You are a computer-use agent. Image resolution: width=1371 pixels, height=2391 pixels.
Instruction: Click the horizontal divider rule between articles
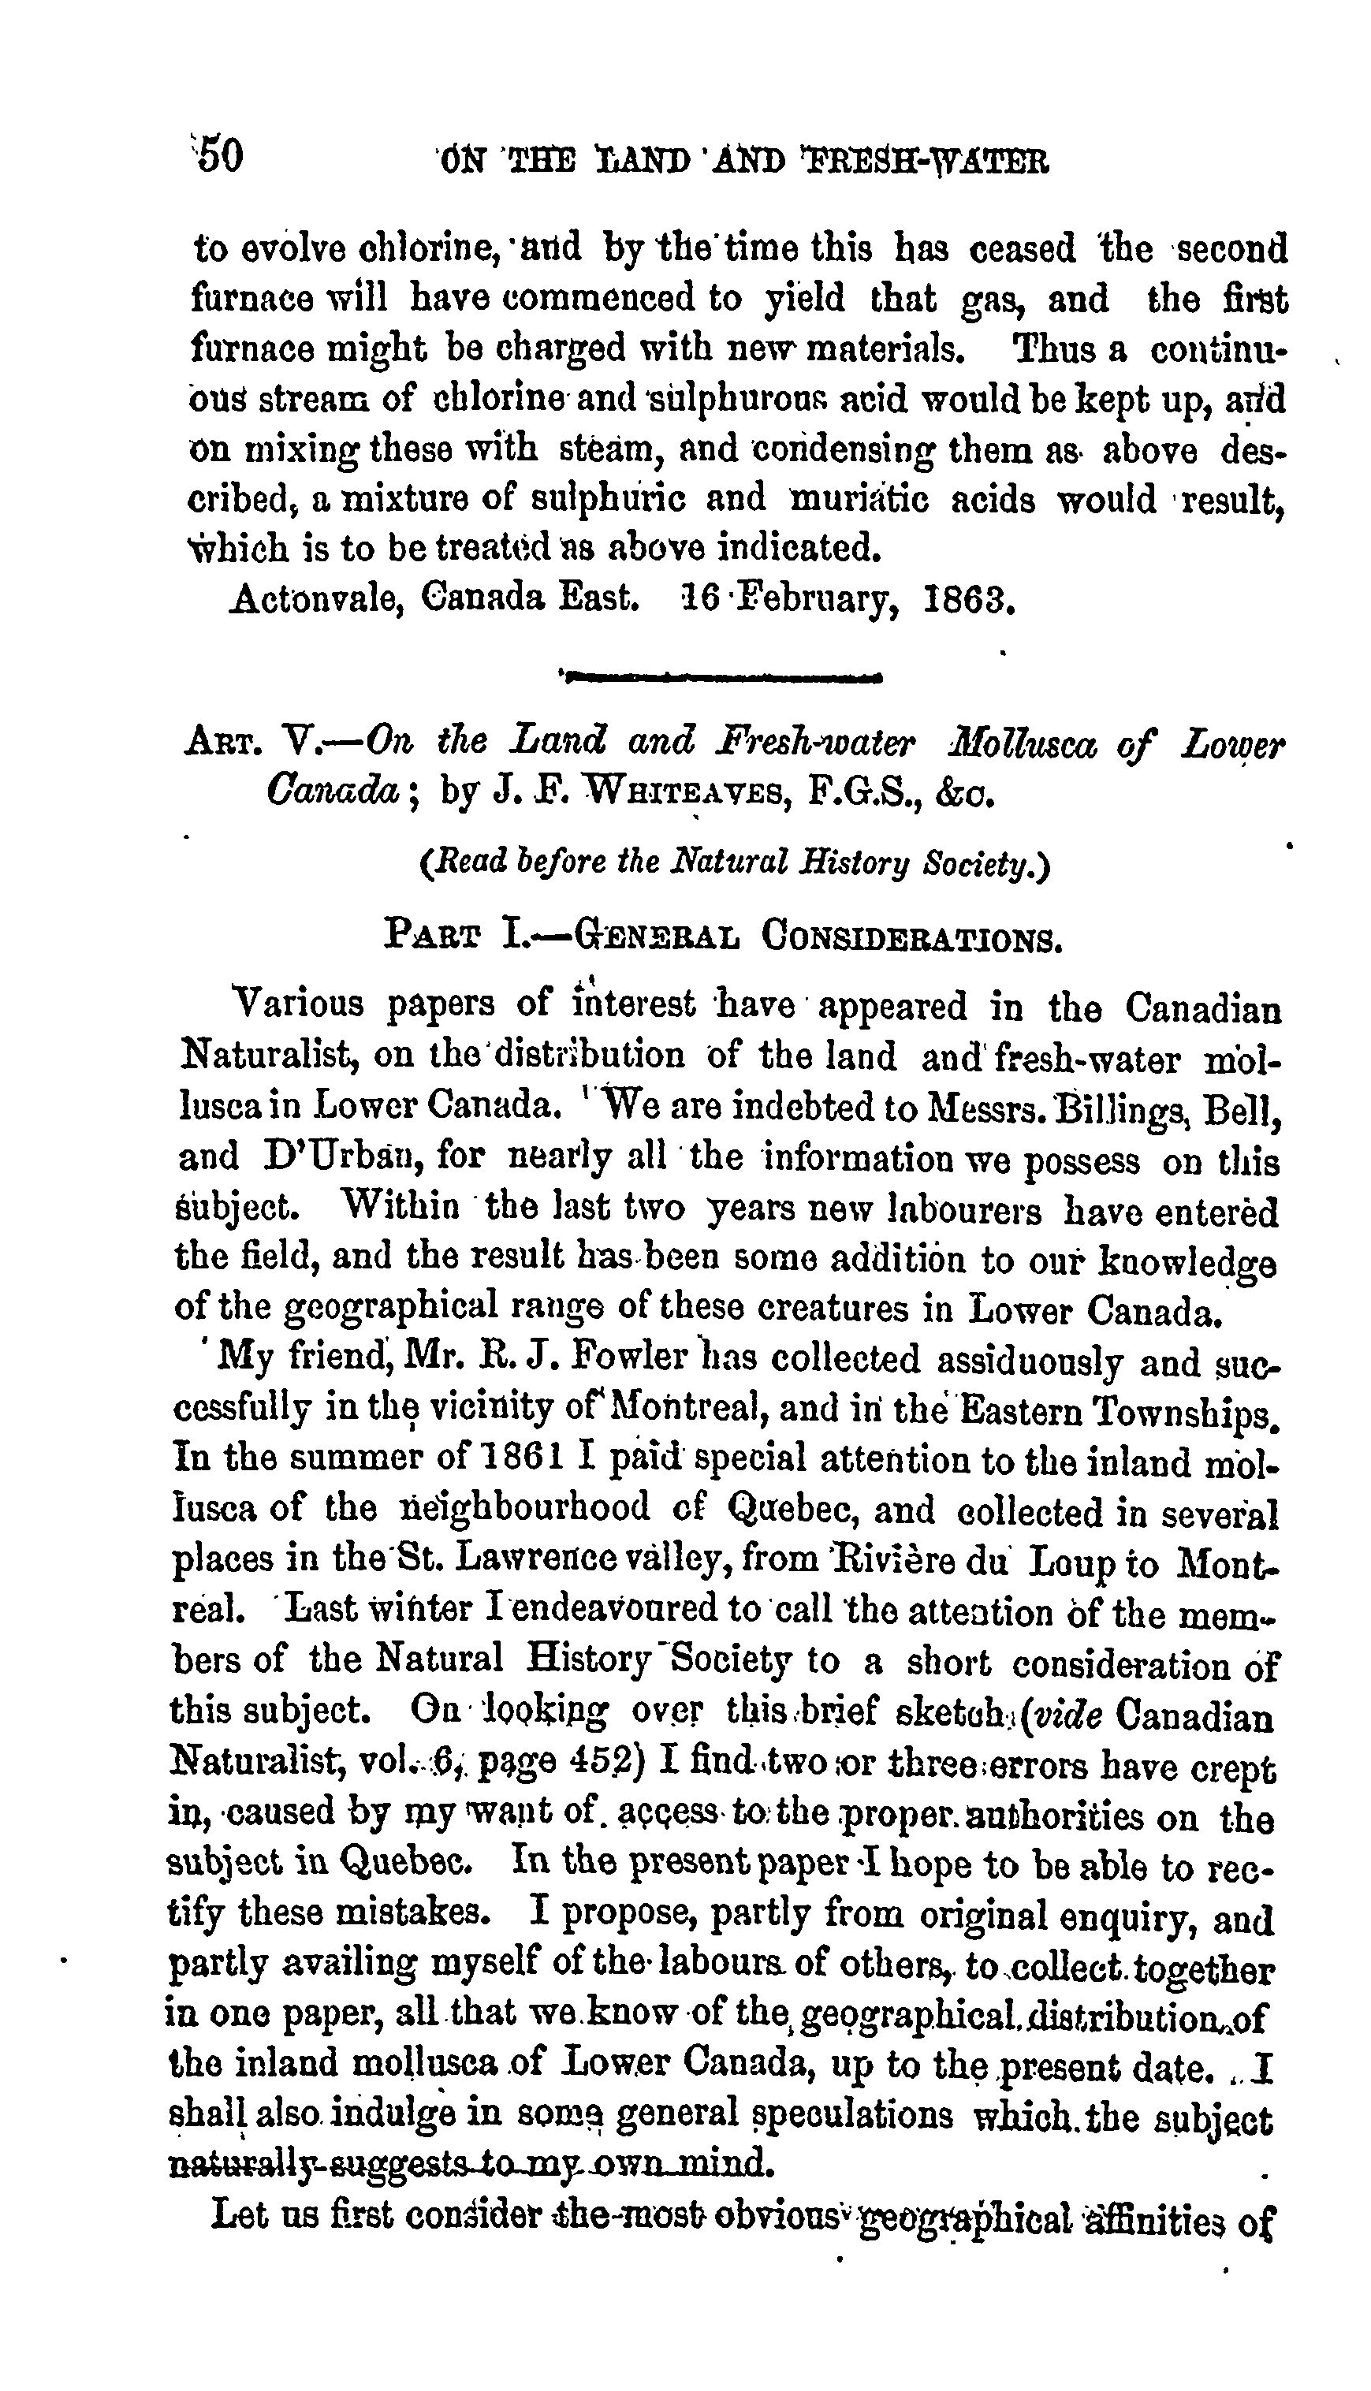point(722,675)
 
